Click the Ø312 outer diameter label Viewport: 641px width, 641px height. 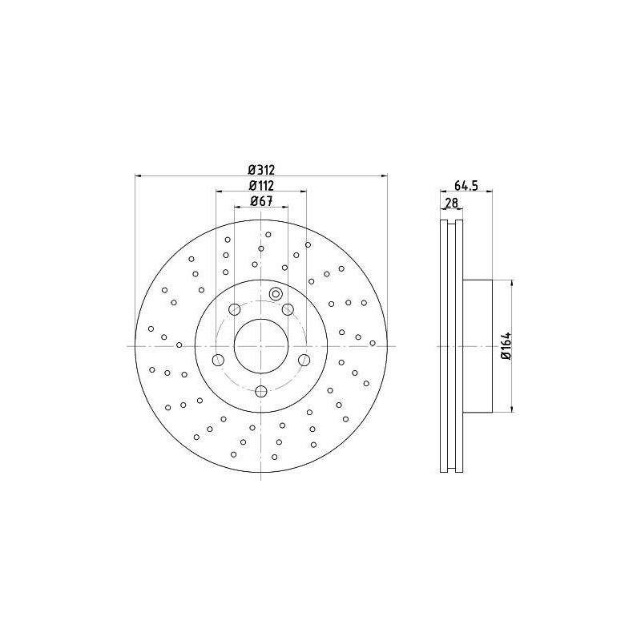tap(261, 169)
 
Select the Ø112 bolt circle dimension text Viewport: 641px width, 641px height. tap(261, 186)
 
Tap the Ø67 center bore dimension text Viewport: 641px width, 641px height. tap(261, 201)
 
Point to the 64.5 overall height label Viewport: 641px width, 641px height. tap(466, 186)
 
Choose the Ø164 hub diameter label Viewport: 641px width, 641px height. tap(506, 345)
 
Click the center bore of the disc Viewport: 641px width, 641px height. tap(261, 345)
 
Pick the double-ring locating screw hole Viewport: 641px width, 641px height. tap(276, 293)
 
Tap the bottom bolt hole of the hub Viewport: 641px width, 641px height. tap(261, 391)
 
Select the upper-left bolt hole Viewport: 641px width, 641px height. tap(235, 309)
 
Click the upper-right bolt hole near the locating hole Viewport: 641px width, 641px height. tap(288, 309)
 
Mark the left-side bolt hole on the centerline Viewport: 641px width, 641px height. tap(217, 360)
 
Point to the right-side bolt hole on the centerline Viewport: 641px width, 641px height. tap(304, 360)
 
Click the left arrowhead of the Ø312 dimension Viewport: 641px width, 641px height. tap(138, 175)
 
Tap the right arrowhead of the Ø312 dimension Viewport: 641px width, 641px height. tap(384, 175)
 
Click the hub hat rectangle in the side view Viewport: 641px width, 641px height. tap(477, 345)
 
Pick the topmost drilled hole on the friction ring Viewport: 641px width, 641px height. tap(268, 235)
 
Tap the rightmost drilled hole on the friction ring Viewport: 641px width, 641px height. tap(373, 343)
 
